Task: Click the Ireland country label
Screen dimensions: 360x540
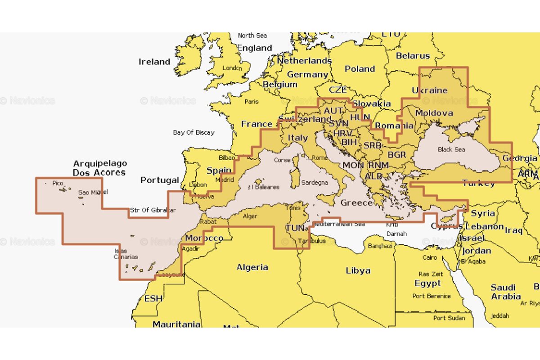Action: [154, 62]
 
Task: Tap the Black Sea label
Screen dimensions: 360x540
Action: [451, 149]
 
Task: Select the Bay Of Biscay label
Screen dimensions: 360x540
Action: [193, 133]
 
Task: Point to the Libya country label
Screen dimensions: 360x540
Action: [358, 270]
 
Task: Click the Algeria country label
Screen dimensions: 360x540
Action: [252, 267]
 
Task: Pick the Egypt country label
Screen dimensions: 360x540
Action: [427, 283]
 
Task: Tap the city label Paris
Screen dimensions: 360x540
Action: [252, 102]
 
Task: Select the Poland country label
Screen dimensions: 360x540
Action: [360, 69]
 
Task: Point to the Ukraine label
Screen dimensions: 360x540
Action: [429, 90]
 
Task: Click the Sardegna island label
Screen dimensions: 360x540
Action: [315, 183]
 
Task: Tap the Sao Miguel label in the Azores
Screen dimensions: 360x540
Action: [93, 193]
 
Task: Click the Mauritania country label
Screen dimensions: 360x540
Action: [176, 324]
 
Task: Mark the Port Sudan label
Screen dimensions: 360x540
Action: [449, 318]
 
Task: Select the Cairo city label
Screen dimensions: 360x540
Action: [430, 258]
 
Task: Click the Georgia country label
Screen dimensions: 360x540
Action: [520, 158]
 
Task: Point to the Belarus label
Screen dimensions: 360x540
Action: [413, 56]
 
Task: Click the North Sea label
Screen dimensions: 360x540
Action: [252, 36]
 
